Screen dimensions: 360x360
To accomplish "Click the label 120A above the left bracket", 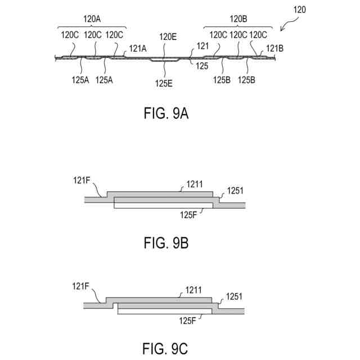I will [92, 19].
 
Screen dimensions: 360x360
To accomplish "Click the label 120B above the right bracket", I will [238, 19].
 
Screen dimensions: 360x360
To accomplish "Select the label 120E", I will [168, 37].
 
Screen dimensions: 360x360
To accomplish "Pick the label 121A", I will [138, 49].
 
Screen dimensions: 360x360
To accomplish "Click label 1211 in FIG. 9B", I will [195, 184].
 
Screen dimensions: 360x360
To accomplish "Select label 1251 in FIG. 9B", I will [236, 191].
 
